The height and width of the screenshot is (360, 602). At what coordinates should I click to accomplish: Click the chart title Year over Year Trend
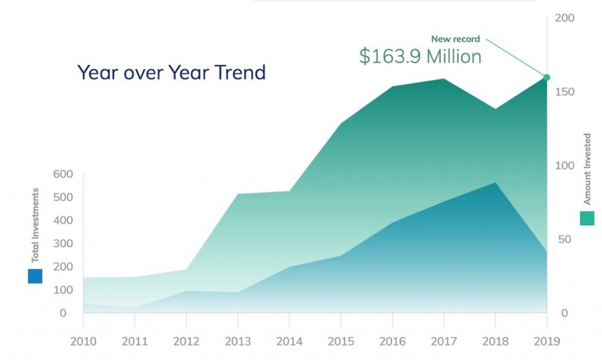[172, 72]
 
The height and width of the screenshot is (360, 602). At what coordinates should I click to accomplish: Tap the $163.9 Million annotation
[420, 56]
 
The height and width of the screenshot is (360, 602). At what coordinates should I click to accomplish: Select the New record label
[456, 39]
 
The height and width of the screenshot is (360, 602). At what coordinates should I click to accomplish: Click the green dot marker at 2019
[547, 77]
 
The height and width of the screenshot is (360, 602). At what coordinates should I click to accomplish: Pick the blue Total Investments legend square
[35, 276]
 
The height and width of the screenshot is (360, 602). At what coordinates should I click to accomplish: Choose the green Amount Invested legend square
[587, 218]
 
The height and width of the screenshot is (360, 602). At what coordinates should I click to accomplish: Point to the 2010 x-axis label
[83, 341]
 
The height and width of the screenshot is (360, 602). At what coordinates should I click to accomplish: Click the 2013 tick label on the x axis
[238, 341]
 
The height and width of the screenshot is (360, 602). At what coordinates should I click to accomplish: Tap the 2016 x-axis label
[392, 341]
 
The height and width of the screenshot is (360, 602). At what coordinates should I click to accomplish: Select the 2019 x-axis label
[547, 341]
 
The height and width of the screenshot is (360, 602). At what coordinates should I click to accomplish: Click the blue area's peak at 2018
[495, 183]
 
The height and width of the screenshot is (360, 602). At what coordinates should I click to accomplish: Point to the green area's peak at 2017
[443, 79]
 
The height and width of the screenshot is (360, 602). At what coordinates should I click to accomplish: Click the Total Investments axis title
[35, 225]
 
